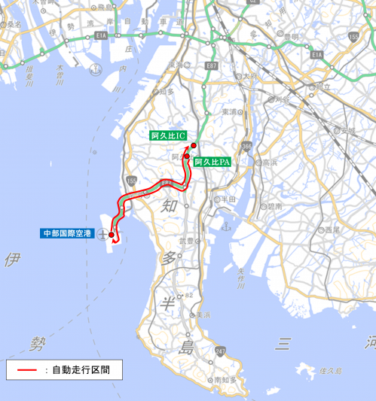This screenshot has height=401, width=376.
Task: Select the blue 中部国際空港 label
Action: pyautogui.click(x=67, y=234)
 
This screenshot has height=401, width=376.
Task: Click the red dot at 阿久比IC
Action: pyautogui.click(x=194, y=145)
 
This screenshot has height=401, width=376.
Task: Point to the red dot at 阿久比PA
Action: pyautogui.click(x=187, y=156)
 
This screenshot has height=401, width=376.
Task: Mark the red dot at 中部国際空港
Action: pyautogui.click(x=112, y=235)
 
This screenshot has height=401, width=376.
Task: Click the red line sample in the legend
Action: pyautogui.click(x=28, y=369)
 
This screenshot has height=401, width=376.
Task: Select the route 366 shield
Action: pyautogui.click(x=248, y=147)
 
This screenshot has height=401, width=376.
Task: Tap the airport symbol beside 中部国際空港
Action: pyautogui.click(x=101, y=234)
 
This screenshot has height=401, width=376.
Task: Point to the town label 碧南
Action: pyautogui.click(x=274, y=205)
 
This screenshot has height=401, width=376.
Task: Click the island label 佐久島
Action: pyautogui.click(x=331, y=371)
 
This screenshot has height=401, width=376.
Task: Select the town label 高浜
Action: pyautogui.click(x=267, y=163)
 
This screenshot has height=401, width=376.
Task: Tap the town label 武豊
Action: pyautogui.click(x=186, y=241)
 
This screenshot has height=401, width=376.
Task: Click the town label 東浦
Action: pyautogui.click(x=230, y=111)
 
